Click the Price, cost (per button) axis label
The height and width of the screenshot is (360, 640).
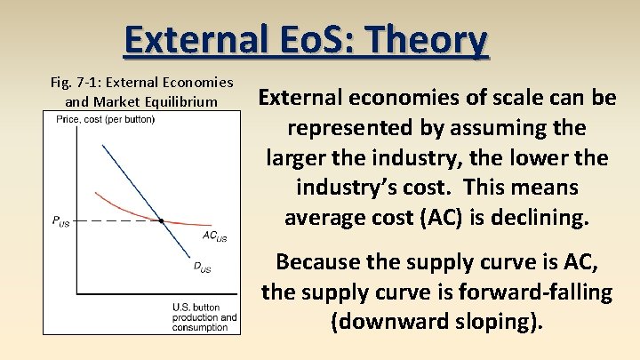(105, 120)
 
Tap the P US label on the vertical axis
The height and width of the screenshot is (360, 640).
(60, 221)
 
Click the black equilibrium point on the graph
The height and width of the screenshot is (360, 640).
(161, 220)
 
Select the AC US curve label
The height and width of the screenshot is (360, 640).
(214, 236)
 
